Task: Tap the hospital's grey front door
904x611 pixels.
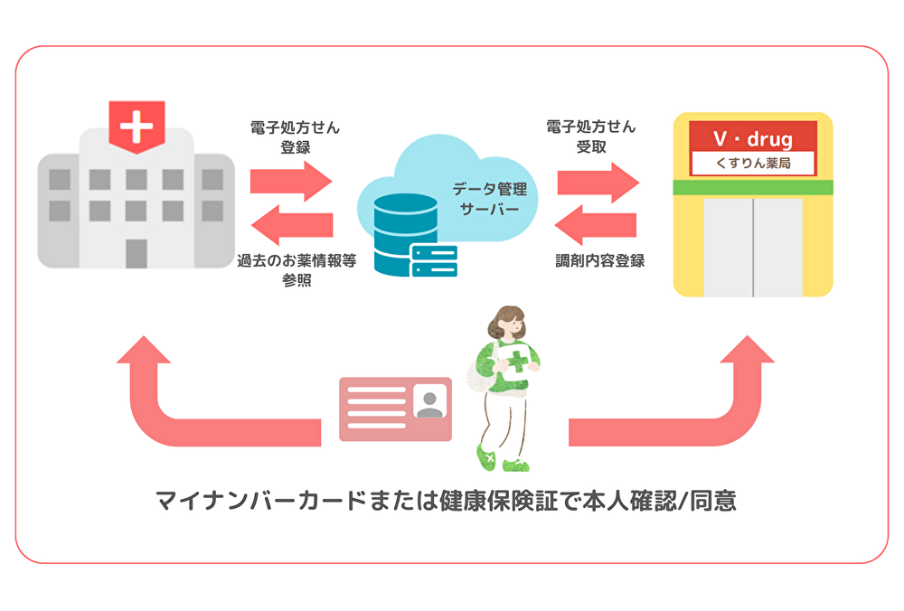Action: pyautogui.click(x=137, y=253)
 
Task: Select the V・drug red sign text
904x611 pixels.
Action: pyautogui.click(x=753, y=139)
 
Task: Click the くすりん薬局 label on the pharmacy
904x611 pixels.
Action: pyautogui.click(x=753, y=164)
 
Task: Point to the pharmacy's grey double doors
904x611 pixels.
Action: pyautogui.click(x=753, y=244)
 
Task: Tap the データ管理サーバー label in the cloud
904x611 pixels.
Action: pyautogui.click(x=485, y=200)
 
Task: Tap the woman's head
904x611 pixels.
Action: pyautogui.click(x=508, y=323)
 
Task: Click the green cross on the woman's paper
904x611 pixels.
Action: pyautogui.click(x=517, y=362)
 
